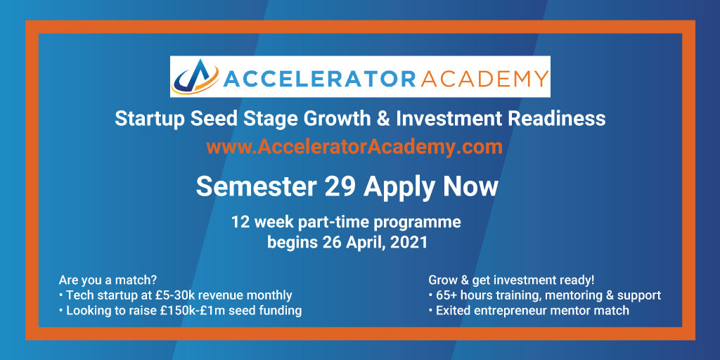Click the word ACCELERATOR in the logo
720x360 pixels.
[320, 77]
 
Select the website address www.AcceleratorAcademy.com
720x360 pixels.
[354, 147]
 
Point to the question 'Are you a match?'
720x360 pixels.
[108, 280]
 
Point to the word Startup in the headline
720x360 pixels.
[148, 118]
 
